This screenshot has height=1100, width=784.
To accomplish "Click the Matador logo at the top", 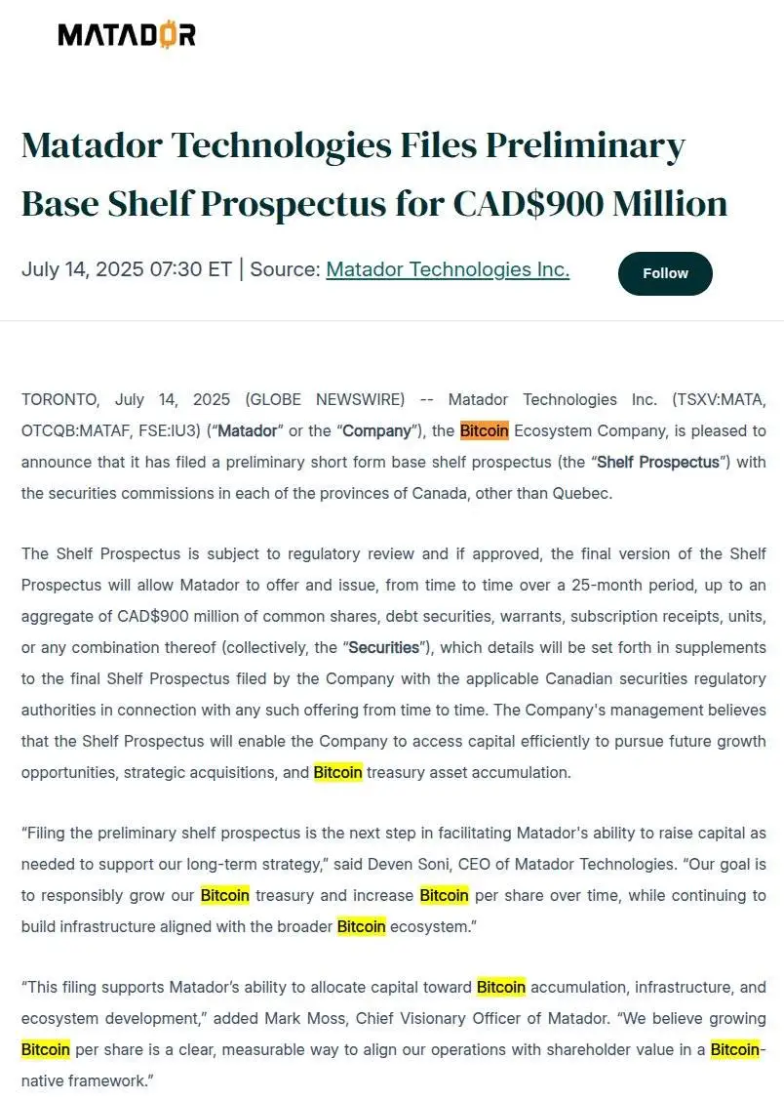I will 127,36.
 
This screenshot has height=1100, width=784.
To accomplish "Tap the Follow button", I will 665,273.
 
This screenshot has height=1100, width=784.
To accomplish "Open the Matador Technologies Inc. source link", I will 448,269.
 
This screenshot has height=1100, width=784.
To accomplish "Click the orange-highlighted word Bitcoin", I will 484,430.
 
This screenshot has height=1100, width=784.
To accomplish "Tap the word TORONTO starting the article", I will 59,399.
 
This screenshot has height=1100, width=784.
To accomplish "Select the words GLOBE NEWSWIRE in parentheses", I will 325,399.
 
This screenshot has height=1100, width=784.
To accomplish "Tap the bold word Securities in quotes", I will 383,647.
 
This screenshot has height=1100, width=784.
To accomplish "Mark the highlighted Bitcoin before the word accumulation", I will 500,987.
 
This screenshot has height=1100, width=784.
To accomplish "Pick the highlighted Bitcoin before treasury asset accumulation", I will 337,772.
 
